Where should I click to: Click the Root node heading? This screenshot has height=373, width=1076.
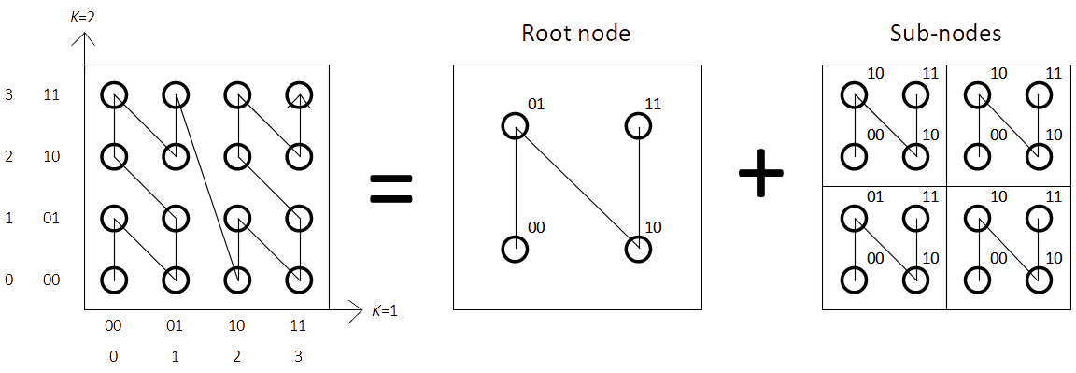click(575, 35)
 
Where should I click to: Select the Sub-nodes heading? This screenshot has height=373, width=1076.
click(945, 35)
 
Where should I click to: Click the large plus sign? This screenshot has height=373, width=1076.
click(761, 174)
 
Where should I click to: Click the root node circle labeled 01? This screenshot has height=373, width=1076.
click(515, 125)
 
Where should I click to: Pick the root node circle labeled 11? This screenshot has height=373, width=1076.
click(638, 125)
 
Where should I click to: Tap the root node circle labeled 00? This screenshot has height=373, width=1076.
click(515, 250)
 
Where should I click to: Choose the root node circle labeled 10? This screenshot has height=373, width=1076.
click(638, 250)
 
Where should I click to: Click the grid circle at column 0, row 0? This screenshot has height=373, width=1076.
click(114, 280)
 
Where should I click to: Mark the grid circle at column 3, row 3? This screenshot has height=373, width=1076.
click(298, 94)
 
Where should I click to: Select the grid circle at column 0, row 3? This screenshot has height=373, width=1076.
click(114, 94)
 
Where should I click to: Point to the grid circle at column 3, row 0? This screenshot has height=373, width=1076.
click(298, 280)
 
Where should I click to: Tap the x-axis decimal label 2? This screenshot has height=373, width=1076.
click(236, 355)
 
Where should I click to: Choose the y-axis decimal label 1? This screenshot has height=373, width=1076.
click(8, 218)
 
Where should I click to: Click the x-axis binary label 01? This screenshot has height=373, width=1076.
click(176, 326)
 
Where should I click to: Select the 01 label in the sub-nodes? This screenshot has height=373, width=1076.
click(876, 195)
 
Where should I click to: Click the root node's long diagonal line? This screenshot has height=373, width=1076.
click(576, 187)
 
